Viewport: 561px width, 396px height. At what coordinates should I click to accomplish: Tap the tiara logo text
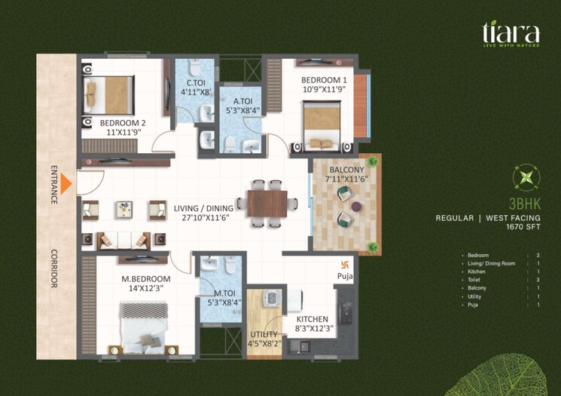511,33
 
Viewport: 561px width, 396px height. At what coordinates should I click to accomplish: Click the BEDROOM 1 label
324,80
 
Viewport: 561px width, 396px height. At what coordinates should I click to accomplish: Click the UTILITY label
264,334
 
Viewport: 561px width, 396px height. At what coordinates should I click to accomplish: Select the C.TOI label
196,83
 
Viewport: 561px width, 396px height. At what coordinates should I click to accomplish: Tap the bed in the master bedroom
143,324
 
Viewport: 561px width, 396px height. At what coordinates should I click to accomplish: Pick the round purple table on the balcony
355,206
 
